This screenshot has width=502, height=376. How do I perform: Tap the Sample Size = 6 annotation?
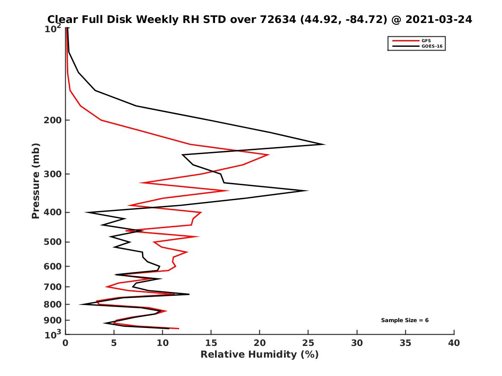[x=405, y=320]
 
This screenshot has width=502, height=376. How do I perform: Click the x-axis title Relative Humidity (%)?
[x=259, y=355]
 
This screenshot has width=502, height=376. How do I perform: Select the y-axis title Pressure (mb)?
[x=36, y=180]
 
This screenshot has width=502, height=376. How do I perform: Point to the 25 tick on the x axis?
[x=308, y=343]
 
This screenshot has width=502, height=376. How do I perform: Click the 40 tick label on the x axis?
[x=454, y=343]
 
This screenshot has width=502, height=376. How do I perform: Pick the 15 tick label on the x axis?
[x=211, y=343]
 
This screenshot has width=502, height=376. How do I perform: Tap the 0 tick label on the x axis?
[x=66, y=343]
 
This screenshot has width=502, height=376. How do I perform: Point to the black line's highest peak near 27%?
[x=325, y=144]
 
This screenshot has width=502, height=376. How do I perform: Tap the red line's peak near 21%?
[x=269, y=155]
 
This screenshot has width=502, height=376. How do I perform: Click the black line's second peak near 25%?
[x=308, y=191]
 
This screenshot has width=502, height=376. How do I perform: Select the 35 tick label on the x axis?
[x=405, y=343]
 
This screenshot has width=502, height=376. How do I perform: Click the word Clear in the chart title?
[x=63, y=19]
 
